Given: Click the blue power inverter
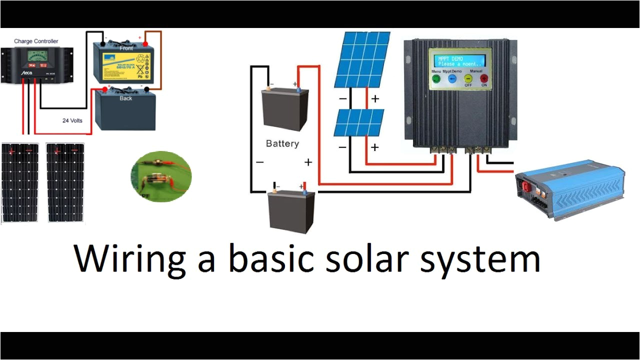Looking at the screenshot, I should [x=570, y=188].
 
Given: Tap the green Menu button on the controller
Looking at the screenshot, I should [x=435, y=78].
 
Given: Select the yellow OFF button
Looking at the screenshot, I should [x=468, y=78].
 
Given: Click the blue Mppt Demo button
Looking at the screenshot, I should [x=452, y=78].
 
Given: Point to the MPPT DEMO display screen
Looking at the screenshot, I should [x=457, y=61].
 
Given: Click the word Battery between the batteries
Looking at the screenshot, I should [x=282, y=144].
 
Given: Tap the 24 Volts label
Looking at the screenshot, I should [x=72, y=120].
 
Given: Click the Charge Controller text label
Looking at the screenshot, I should [x=36, y=41].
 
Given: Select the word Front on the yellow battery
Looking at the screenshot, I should [x=126, y=48].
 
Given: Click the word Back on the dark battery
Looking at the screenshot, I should [x=126, y=98].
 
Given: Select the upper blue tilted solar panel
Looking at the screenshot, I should [x=362, y=59].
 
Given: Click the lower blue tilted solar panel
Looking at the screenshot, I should [x=359, y=123].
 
